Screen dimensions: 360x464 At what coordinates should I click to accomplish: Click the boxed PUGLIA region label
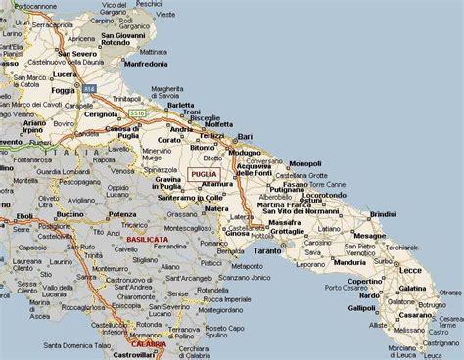click(x=203, y=173)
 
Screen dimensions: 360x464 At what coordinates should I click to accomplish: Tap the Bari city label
click(x=245, y=135)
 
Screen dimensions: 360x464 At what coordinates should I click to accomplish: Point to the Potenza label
click(x=122, y=213)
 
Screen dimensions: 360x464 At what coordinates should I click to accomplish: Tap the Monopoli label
click(x=304, y=163)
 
